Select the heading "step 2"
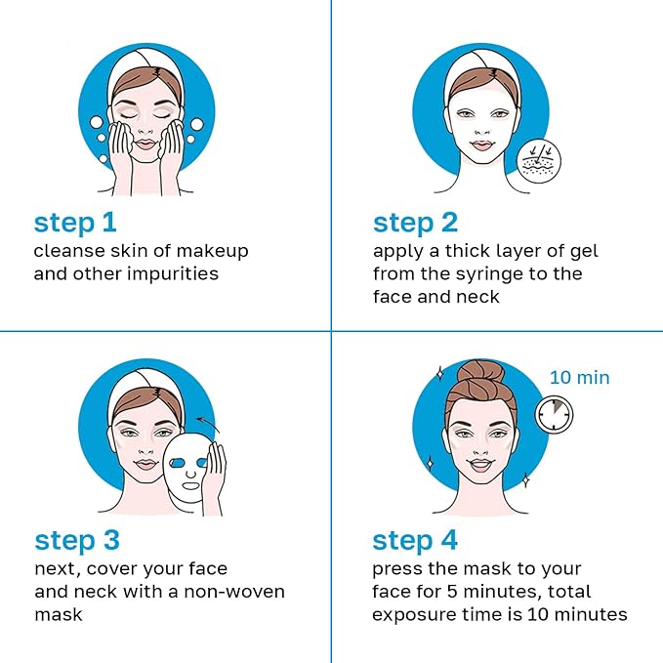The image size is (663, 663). click(x=416, y=223)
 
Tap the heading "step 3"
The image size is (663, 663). click(x=78, y=540)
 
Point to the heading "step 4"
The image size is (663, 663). click(x=416, y=540)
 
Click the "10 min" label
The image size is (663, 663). click(x=579, y=377)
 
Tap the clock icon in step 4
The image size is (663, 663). click(x=555, y=413)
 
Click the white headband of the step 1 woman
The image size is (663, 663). click(x=146, y=71)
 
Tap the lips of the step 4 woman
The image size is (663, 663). click(x=474, y=463)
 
